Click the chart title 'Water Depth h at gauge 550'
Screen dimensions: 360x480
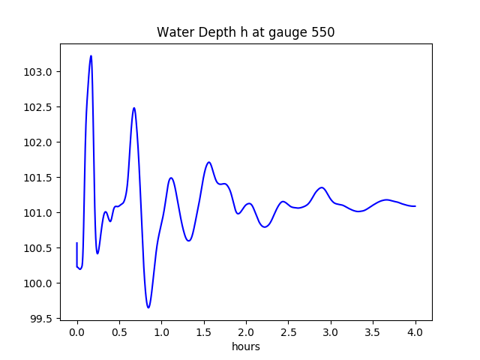[x=245, y=33]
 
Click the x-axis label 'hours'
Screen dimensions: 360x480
[x=245, y=346]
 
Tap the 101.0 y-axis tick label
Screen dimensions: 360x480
[x=41, y=213]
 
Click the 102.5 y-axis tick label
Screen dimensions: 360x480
[x=41, y=107]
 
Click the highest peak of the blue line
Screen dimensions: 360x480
[x=91, y=55]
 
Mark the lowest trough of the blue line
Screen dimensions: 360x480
[x=148, y=307]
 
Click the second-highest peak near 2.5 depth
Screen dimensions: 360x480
[x=134, y=108]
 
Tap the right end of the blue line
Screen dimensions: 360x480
[x=415, y=206]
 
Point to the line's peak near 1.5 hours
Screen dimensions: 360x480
[x=209, y=162]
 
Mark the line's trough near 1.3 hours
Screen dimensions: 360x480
[x=188, y=241]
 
